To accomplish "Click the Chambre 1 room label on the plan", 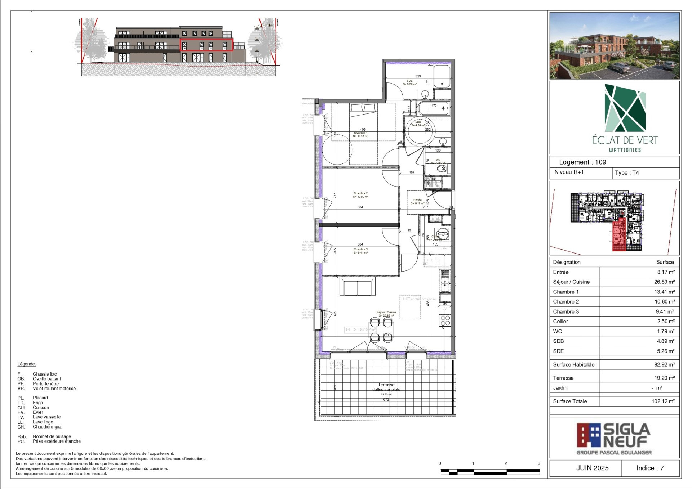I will [x=361, y=133].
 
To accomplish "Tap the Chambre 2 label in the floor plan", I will [x=360, y=193].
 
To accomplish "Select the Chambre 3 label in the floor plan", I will [x=360, y=249].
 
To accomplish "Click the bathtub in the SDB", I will [x=434, y=108].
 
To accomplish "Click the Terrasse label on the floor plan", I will [x=386, y=385].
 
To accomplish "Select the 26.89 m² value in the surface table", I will [x=664, y=282].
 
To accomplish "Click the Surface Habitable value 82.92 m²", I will [x=664, y=364].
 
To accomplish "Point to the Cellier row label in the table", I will [x=560, y=321].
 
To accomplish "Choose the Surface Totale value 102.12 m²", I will [x=663, y=401].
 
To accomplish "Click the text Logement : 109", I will [x=582, y=162].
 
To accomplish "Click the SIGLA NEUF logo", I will [x=614, y=439].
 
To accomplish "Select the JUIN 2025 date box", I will [x=592, y=468].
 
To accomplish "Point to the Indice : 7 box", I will [x=650, y=468].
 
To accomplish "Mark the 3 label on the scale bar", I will [x=539, y=463].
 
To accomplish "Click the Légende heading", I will [x=27, y=364].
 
